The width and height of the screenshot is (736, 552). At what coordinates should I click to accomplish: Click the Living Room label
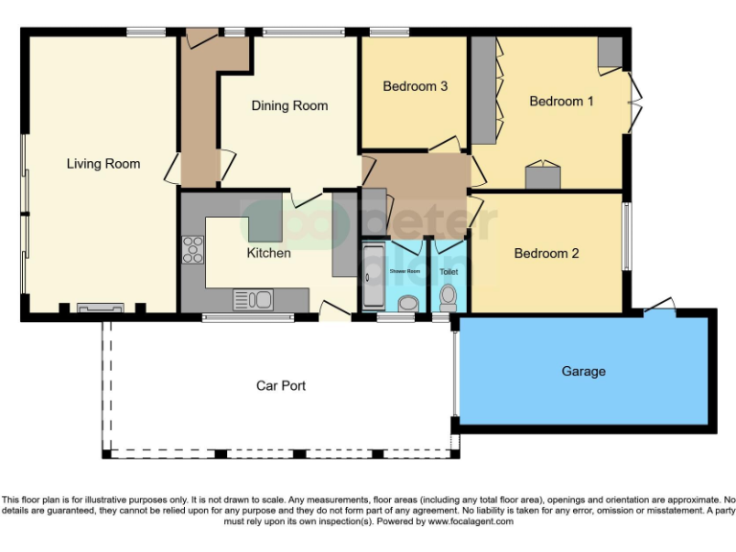coord(103,164)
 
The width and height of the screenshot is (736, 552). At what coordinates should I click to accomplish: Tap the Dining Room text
coord(289,105)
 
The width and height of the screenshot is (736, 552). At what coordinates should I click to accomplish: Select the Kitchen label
coord(268,253)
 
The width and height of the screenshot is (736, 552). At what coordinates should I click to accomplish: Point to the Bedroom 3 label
coord(415,86)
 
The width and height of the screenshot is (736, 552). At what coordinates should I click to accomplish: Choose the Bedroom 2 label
coord(546,253)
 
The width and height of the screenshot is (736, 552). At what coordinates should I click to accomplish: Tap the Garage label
coord(583,371)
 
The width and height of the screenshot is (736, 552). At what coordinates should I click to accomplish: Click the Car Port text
coord(281,385)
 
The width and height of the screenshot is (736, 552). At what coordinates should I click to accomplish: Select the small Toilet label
coord(448,272)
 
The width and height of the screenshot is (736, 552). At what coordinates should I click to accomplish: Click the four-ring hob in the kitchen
coord(193,249)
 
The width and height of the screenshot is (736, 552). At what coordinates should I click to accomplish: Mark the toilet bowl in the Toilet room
coord(447,301)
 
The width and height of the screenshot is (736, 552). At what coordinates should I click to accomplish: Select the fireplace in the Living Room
coord(101,308)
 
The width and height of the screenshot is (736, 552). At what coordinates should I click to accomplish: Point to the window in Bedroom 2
coord(627,236)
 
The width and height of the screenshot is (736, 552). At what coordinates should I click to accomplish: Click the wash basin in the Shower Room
coord(407,304)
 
